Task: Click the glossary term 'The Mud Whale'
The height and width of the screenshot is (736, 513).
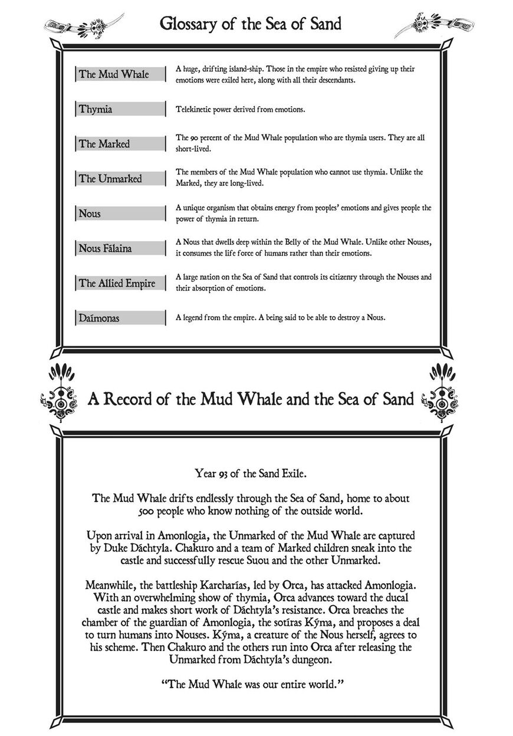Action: (x=114, y=74)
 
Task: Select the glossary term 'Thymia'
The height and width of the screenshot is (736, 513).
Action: (x=96, y=109)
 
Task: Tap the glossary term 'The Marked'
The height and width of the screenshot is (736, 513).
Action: (x=104, y=144)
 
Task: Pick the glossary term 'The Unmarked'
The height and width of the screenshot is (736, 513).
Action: (x=110, y=179)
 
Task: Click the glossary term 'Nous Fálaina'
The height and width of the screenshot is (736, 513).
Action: (x=106, y=248)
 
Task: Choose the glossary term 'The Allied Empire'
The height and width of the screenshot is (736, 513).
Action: (x=117, y=283)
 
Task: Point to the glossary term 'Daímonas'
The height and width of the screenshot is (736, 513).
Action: (x=99, y=318)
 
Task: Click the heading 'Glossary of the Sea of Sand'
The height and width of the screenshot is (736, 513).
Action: (x=251, y=24)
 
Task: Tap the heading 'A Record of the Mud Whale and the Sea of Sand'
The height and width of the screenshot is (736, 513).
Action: (x=251, y=399)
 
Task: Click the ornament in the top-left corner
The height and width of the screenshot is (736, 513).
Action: (x=83, y=26)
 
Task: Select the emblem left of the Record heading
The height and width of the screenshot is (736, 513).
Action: (x=61, y=392)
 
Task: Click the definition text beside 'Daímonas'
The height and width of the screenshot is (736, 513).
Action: (x=280, y=318)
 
